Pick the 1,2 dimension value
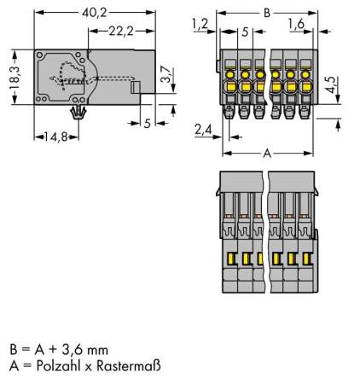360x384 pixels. point(200,24)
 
